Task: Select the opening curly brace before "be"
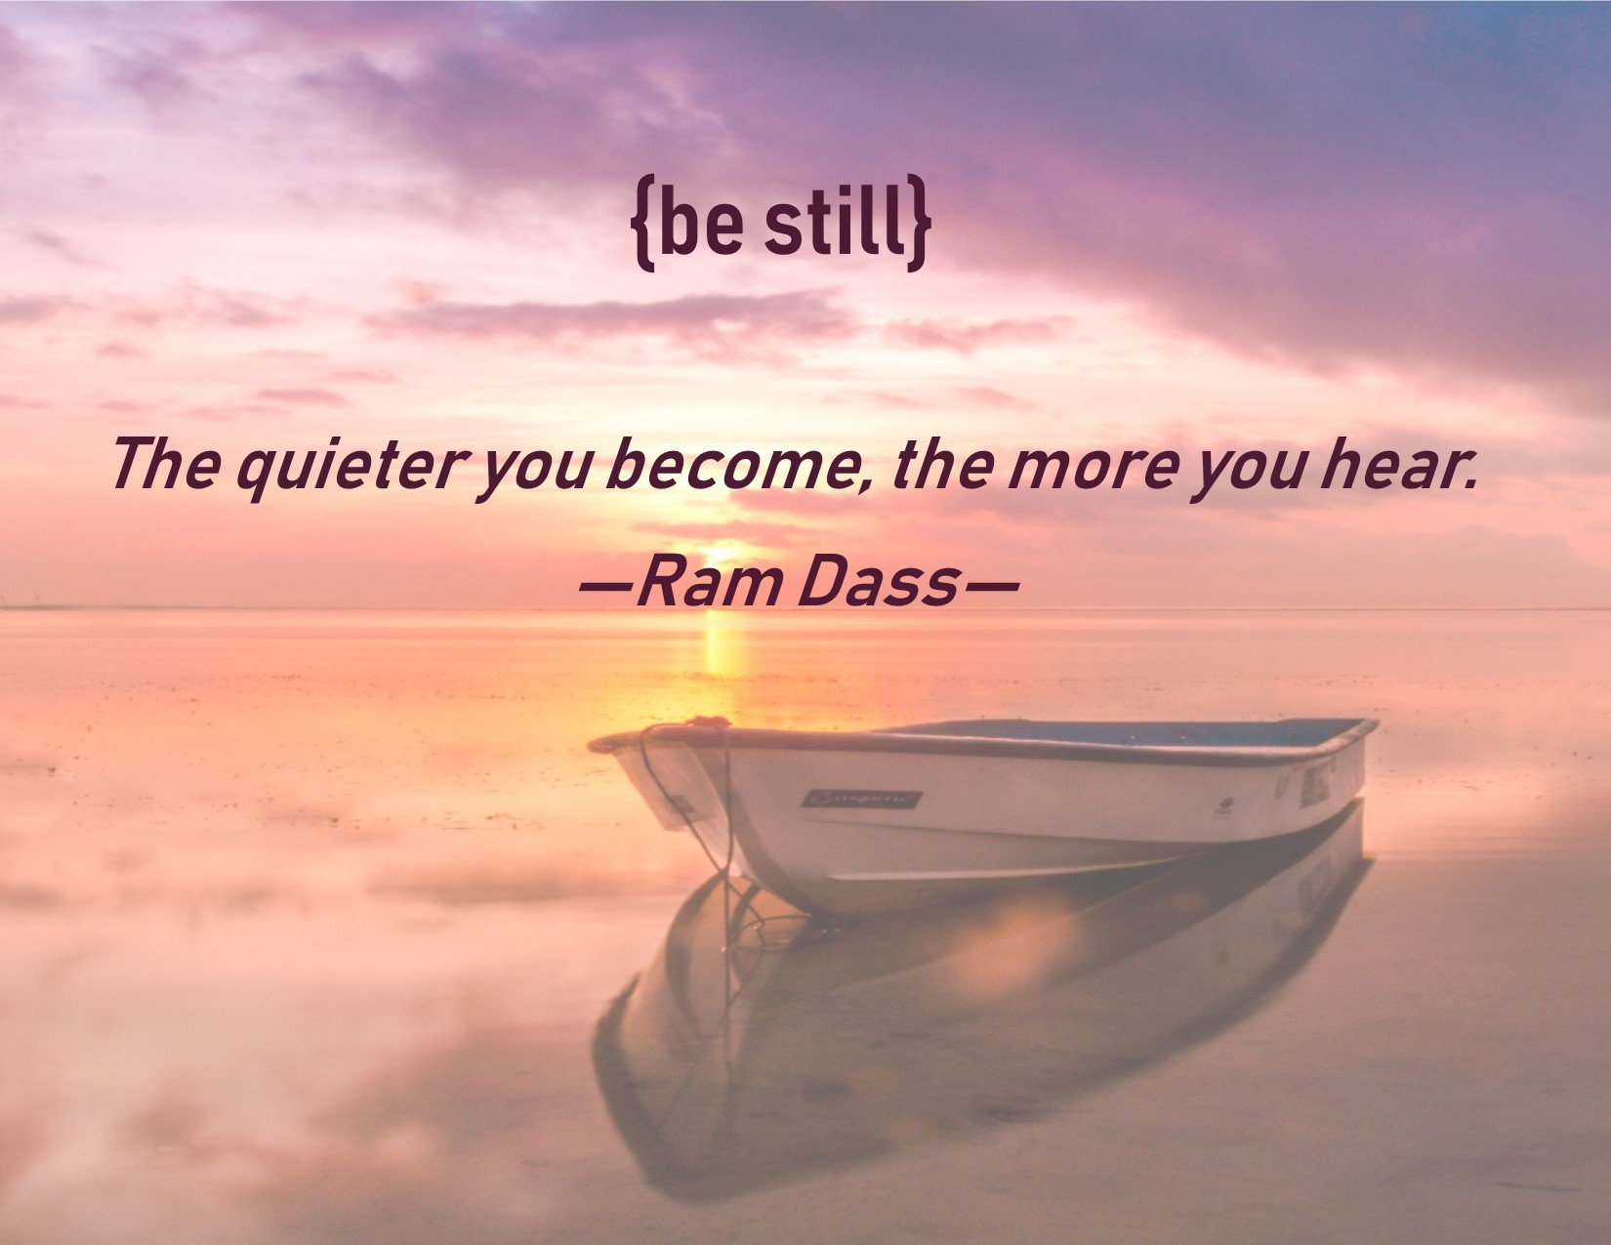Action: point(642,224)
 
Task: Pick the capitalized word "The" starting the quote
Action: point(167,463)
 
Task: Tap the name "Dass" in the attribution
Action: point(880,581)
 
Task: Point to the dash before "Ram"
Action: point(605,586)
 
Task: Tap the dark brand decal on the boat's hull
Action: point(861,800)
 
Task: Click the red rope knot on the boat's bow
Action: point(699,721)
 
